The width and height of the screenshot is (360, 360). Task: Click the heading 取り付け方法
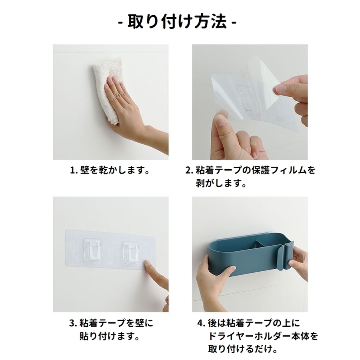pos(177,22)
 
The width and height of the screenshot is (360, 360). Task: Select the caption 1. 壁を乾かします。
pos(110,170)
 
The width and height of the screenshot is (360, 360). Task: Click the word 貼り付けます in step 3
pos(107,336)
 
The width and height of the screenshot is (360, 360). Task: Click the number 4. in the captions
pos(200,323)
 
